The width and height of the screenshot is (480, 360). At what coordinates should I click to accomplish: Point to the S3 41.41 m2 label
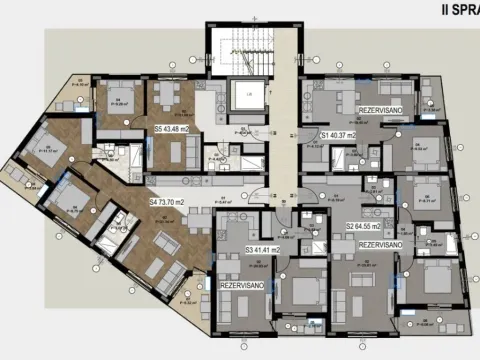click(263, 249)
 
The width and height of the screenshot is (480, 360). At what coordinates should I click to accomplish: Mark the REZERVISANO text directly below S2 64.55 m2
click(380, 244)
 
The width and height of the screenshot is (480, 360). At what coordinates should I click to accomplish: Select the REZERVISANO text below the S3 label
click(241, 285)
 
